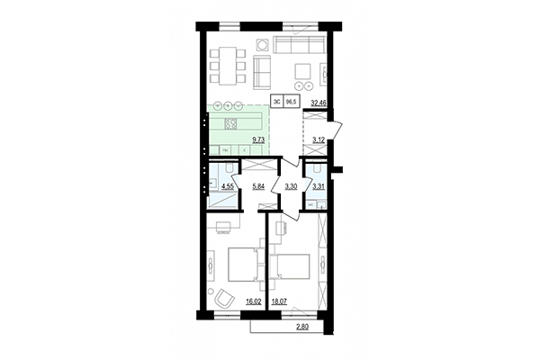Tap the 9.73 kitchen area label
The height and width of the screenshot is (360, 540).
point(259,140)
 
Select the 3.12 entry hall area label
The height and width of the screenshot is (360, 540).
point(318,140)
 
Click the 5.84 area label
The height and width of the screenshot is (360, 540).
point(259,187)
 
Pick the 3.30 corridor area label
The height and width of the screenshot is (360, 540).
point(291,187)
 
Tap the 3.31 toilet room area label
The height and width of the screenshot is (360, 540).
point(318,187)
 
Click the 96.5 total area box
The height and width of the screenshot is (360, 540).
point(292,103)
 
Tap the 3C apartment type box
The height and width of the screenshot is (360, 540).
point(276,103)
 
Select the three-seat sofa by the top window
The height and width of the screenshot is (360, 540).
point(297,46)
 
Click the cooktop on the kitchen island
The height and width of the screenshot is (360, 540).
point(230,124)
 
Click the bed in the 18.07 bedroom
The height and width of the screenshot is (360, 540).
point(295,267)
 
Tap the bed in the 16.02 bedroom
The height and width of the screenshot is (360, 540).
point(241,265)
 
